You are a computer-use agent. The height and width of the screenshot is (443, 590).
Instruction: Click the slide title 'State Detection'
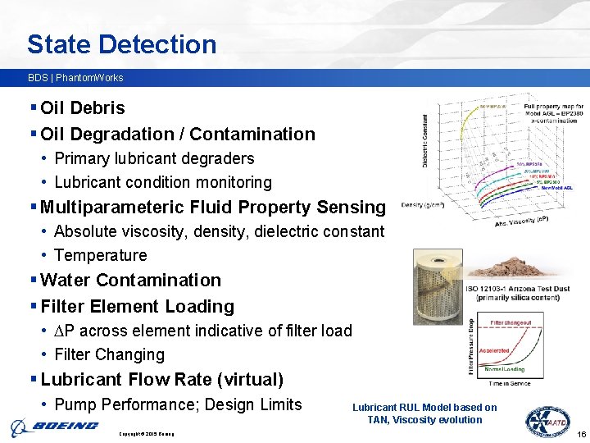point(121,44)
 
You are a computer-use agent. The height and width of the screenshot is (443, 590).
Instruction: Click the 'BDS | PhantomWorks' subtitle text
point(75,78)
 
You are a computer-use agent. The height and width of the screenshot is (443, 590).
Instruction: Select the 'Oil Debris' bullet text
point(82,108)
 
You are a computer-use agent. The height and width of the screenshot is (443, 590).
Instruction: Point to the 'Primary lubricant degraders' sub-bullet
point(154,158)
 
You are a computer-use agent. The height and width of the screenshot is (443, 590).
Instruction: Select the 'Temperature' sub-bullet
point(100,255)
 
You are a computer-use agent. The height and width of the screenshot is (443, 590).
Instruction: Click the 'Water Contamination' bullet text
point(130,281)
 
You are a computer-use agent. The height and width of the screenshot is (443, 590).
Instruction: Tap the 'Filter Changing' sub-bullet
point(109,354)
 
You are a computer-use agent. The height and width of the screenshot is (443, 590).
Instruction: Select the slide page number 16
point(581,434)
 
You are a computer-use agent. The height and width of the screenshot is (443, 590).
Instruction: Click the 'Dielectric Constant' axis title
point(424,141)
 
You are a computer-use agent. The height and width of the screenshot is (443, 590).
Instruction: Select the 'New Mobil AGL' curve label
point(556,188)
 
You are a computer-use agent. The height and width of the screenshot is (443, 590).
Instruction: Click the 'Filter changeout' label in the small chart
point(509,322)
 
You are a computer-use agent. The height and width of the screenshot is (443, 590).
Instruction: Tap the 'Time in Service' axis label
point(509,383)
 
